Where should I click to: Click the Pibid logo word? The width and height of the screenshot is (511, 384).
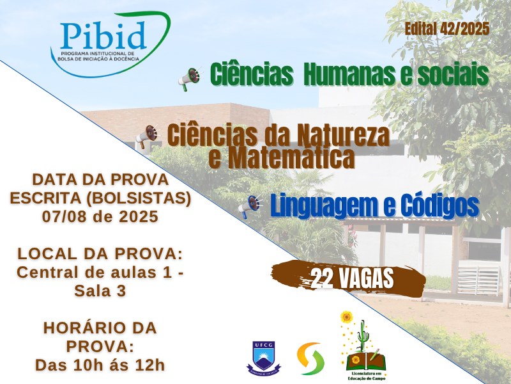(103, 35)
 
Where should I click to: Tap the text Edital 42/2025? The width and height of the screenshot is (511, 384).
(447, 29)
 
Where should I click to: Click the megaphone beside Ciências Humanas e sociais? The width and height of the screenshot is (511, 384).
(190, 79)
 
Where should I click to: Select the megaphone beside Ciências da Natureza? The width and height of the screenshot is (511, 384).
(148, 136)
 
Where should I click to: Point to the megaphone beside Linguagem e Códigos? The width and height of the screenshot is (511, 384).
(250, 206)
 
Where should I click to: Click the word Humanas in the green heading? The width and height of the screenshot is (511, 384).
(349, 74)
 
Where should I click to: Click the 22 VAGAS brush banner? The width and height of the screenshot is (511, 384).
(348, 279)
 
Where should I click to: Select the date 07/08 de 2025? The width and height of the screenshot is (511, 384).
(100, 216)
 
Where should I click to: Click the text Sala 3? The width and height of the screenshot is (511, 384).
(100, 291)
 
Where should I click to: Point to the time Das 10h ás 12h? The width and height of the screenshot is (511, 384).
(100, 365)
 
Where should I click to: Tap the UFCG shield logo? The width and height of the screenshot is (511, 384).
(264, 358)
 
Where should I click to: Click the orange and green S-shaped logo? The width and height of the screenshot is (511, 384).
(311, 358)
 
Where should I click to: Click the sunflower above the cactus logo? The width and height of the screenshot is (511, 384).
(346, 317)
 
